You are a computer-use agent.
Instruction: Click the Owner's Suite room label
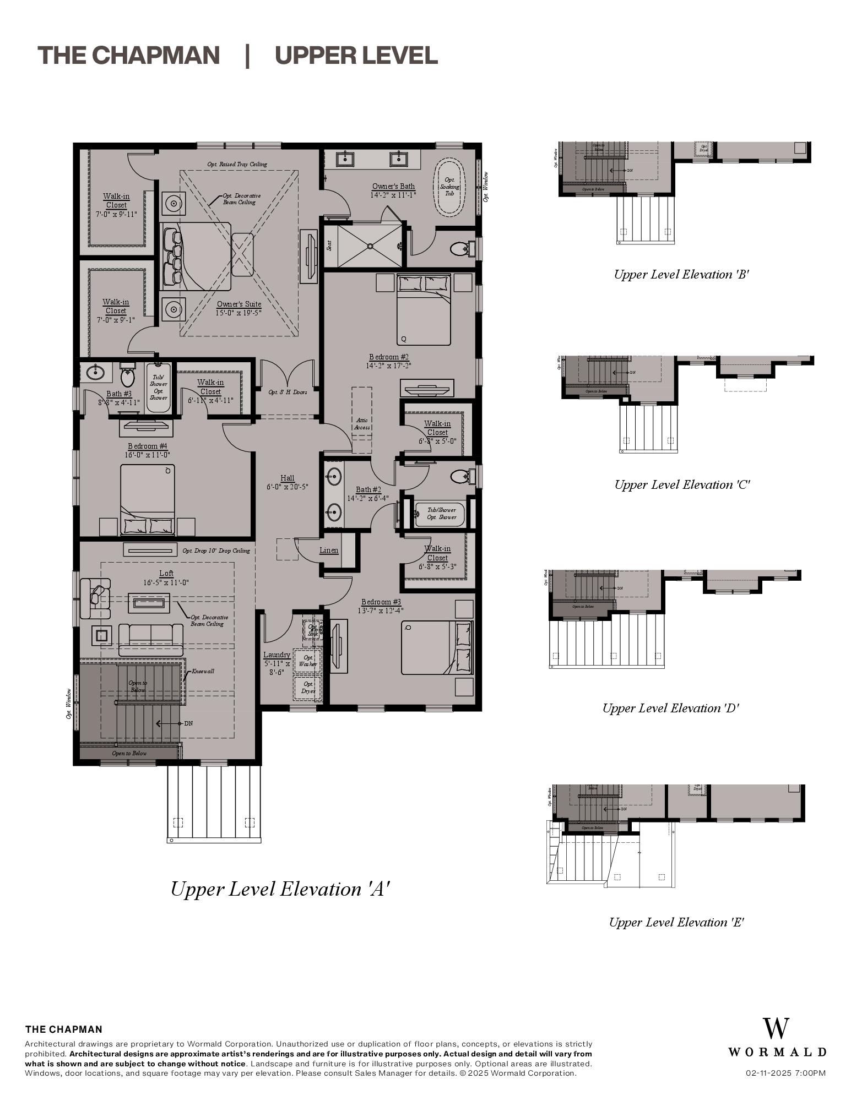[x=239, y=304]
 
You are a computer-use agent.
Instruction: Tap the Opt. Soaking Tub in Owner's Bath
[x=450, y=187]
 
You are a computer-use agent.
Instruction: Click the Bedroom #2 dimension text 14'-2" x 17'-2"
[x=388, y=366]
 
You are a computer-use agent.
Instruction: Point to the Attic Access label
[x=362, y=424]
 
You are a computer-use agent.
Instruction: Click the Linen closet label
[x=329, y=550]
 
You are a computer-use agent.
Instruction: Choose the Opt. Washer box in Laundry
[x=308, y=661]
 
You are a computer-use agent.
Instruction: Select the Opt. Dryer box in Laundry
[x=308, y=688]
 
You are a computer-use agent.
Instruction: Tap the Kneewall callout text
[x=203, y=672]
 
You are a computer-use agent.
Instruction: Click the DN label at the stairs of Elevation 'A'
[x=188, y=723]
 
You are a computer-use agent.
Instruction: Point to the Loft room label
[x=166, y=574]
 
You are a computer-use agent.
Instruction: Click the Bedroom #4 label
[x=147, y=446]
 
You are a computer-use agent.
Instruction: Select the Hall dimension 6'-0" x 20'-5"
[x=287, y=487]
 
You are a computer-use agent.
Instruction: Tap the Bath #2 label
[x=368, y=489]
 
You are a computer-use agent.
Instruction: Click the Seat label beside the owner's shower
[x=329, y=245]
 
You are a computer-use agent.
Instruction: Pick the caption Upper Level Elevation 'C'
[x=682, y=485]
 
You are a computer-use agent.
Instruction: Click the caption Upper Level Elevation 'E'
[x=676, y=923]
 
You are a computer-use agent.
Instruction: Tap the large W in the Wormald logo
[x=776, y=1028]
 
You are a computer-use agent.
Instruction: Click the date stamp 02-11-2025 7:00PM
[x=785, y=1073]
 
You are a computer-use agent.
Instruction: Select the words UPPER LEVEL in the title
[x=356, y=56]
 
